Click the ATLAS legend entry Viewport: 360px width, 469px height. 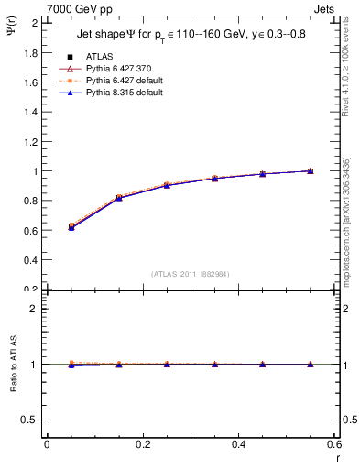click(99, 57)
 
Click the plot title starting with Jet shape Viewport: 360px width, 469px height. click(191, 38)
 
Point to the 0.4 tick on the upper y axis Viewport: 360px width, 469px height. click(31, 260)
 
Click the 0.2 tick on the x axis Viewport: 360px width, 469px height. click(142, 444)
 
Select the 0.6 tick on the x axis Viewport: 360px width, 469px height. click(334, 444)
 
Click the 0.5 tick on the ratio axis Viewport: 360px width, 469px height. click(31, 420)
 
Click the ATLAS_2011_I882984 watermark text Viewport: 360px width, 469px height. click(190, 273)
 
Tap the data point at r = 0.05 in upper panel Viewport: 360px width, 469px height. click(71, 226)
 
